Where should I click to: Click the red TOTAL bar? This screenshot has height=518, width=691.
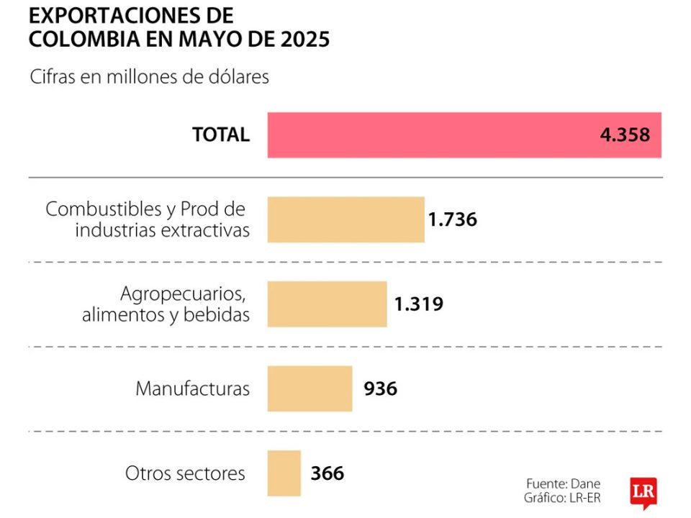432,135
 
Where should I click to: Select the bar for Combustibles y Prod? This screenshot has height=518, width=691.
345,219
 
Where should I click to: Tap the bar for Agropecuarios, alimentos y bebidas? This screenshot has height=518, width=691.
327,304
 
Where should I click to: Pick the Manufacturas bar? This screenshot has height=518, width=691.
310,388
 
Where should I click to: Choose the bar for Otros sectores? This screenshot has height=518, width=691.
284,473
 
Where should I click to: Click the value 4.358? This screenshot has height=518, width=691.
625,135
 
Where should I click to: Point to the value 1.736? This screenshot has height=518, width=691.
452,219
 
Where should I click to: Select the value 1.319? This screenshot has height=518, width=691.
418,304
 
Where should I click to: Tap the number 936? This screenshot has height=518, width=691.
380,388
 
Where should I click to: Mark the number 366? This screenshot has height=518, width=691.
328,473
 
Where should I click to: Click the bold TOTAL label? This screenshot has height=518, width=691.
220,135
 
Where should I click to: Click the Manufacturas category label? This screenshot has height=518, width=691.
193,389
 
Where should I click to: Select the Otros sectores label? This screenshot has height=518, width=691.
185,473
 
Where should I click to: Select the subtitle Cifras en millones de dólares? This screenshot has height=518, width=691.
149,77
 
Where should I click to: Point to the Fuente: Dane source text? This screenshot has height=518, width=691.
563,483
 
